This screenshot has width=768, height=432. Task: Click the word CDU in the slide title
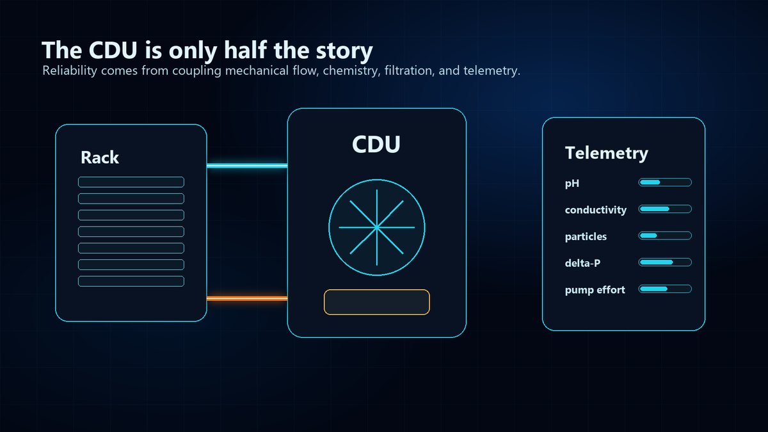point(113,51)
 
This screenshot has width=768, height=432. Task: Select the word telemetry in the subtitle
point(492,70)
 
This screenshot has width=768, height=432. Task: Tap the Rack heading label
point(100,157)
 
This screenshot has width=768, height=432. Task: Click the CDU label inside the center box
point(376,144)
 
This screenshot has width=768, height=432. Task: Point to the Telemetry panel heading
point(607,153)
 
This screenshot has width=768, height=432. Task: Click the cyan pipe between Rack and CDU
point(247,166)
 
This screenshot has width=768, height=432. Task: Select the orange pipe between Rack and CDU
point(247,299)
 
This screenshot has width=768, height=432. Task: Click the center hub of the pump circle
point(377,227)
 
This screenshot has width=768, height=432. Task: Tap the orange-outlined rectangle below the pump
point(377,302)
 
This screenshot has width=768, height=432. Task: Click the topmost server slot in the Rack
point(131,182)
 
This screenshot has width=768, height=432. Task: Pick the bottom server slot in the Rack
point(131,281)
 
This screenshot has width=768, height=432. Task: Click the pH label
point(572,184)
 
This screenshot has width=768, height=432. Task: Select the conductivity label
point(596,210)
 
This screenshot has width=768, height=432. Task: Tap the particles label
point(586,237)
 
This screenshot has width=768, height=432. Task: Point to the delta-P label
point(582,263)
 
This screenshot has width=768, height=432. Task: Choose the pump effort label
point(595,290)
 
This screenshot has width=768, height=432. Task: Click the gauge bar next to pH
point(665,182)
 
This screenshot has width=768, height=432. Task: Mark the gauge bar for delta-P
point(665,262)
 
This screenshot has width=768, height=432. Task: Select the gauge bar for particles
point(665,236)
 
